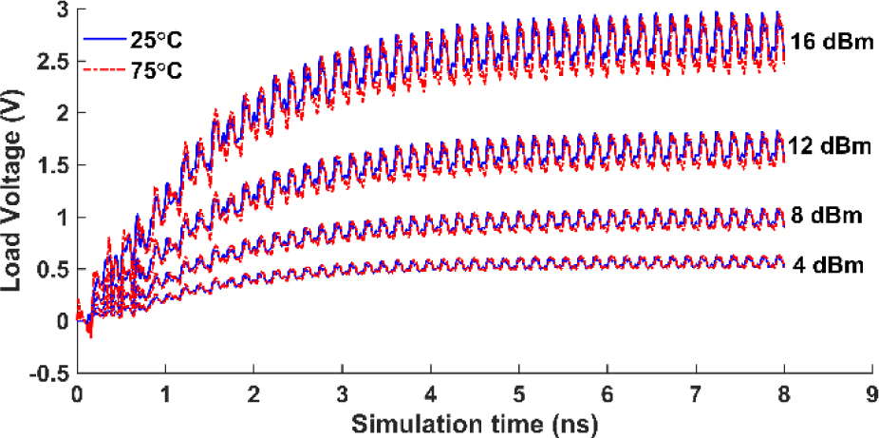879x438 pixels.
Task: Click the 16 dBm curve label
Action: pyautogui.click(x=831, y=44)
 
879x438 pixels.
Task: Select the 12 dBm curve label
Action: pyautogui.click(x=831, y=145)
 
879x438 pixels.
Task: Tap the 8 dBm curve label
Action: pyautogui.click(x=826, y=216)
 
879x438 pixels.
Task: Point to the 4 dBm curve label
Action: pyautogui.click(x=827, y=265)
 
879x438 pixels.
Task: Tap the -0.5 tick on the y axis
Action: pyautogui.click(x=48, y=373)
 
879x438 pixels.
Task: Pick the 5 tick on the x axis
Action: pyautogui.click(x=518, y=392)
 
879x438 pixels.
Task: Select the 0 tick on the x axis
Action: pyautogui.click(x=77, y=392)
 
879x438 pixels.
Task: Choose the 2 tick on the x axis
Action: pyautogui.click(x=253, y=392)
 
